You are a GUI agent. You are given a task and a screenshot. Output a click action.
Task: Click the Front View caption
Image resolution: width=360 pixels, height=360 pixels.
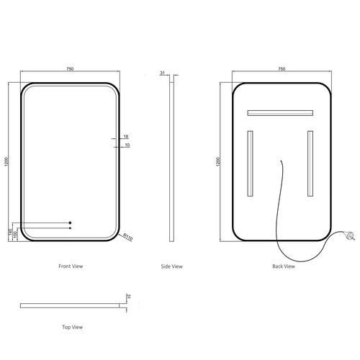click(x=71, y=266)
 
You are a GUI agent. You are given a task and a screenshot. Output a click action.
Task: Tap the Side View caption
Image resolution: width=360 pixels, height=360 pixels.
click(x=172, y=266)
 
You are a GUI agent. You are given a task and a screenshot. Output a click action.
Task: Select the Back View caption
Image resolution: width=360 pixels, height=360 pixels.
click(x=284, y=266)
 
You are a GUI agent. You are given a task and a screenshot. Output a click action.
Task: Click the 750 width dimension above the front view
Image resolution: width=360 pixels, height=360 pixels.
click(x=70, y=69)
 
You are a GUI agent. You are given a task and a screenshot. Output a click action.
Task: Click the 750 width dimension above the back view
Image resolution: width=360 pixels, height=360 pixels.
click(x=282, y=69)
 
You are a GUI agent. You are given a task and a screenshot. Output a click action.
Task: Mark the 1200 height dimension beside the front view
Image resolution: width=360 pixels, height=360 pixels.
click(x=6, y=161)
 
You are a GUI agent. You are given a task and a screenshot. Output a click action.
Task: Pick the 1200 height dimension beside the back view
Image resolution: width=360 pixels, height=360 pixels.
click(x=218, y=161)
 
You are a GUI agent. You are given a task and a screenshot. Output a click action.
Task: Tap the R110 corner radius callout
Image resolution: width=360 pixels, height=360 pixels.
click(x=127, y=237)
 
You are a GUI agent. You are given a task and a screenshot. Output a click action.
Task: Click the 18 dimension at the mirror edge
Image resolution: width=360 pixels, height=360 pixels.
click(x=126, y=137)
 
